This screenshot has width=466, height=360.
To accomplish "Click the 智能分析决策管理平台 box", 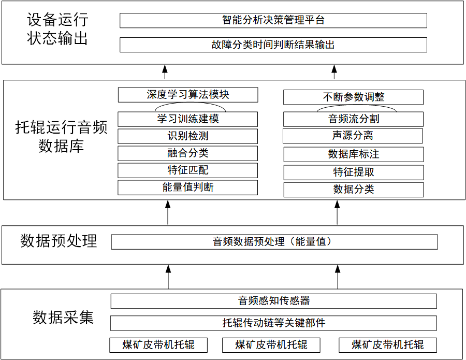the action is (273, 21).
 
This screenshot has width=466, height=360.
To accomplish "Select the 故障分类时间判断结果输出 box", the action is (273, 45).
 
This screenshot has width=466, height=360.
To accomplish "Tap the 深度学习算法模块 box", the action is (188, 95).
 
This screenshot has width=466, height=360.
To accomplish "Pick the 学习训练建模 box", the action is (188, 119).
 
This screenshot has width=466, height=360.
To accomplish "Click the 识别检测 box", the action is (188, 136).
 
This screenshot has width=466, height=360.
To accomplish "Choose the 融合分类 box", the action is (188, 153).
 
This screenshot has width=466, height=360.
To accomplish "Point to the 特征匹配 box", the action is (188, 170).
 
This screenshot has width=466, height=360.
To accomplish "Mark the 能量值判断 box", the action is (188, 188).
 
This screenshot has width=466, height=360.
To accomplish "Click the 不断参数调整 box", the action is (353, 97).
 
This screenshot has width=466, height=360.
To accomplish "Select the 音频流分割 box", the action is (353, 119).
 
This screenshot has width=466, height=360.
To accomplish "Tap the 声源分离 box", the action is (353, 136).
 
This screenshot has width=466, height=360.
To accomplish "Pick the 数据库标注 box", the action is (354, 154).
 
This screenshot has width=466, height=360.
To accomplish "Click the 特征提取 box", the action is (354, 172).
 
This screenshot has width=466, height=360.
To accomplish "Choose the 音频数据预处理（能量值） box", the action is (274, 242).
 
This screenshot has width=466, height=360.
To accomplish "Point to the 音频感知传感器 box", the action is (274, 301).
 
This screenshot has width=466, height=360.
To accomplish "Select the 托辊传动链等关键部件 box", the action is (273, 323).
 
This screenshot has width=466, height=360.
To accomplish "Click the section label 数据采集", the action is (63, 317).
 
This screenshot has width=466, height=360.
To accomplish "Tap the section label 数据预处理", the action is (59, 241).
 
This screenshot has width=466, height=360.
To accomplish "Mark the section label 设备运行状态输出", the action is (57, 29).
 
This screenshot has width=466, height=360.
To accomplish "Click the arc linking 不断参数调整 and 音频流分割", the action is (357, 105).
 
